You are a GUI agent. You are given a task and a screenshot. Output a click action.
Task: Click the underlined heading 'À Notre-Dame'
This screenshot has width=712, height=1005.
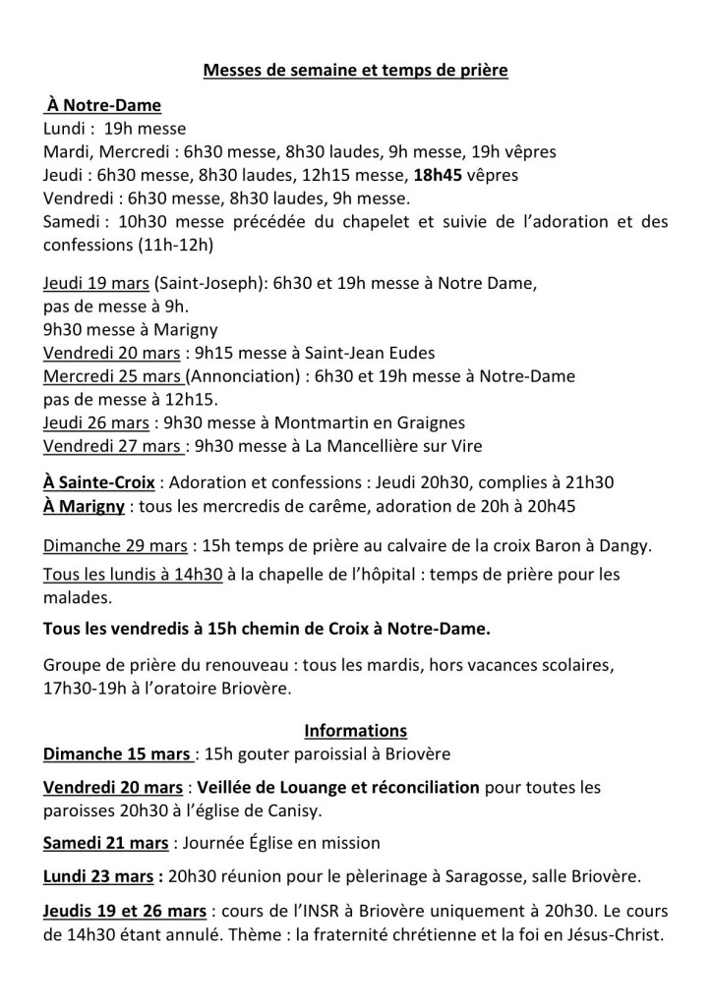pos(103,105)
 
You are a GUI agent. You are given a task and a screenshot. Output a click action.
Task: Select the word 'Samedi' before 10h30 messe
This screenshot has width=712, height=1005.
pos(73,221)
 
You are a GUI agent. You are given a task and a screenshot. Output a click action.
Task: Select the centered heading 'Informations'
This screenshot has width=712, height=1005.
pos(355,731)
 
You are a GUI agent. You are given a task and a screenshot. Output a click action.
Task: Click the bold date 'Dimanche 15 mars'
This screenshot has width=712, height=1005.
pos(117,754)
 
